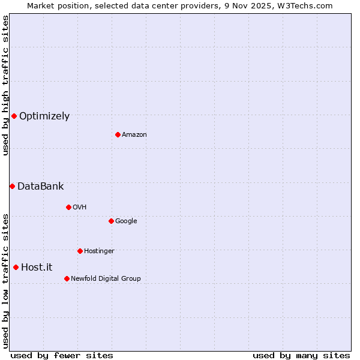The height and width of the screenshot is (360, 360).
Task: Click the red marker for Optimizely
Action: pos(14,116)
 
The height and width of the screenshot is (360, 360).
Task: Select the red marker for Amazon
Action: pos(118,134)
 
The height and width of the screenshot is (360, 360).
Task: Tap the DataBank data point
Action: pos(12,186)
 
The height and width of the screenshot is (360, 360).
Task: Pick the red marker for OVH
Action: pos(68,207)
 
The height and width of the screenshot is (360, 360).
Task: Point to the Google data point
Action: pos(111,221)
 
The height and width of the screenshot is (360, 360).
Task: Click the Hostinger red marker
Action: pos(80,251)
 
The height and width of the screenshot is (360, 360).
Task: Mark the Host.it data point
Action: pos(16,267)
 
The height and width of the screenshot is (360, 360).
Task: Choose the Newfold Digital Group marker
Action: pos(67,278)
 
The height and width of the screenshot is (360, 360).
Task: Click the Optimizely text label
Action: pos(44,116)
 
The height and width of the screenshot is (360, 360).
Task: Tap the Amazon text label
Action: pos(134,135)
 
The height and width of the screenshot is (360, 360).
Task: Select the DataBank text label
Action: pos(40,187)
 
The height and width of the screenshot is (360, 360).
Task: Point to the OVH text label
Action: pos(80,208)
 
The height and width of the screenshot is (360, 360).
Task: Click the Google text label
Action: pos(126,221)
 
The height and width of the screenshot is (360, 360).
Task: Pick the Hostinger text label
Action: pos(99,251)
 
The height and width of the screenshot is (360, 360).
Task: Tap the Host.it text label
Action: pos(37,268)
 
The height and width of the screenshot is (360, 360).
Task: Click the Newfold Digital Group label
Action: pos(106,279)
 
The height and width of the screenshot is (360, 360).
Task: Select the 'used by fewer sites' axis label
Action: pos(62,356)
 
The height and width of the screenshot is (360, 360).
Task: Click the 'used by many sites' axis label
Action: pos(301,356)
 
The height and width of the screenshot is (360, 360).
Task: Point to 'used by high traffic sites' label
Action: pos(5,85)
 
